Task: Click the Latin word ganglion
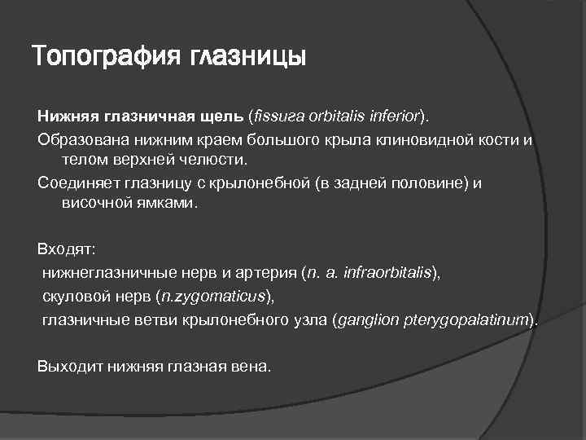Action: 368,319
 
